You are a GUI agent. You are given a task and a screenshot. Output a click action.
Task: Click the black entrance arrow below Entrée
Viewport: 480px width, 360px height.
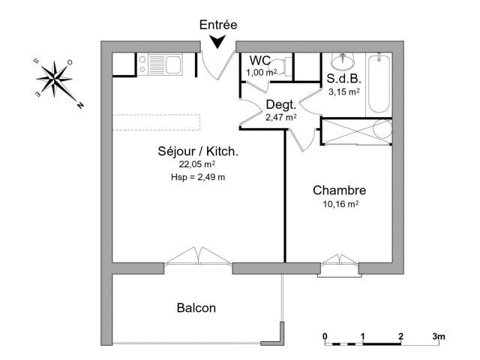pos(217,41)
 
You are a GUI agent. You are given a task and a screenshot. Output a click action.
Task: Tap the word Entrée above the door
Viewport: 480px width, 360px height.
pos(218,25)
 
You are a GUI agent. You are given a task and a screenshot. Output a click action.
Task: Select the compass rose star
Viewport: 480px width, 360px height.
pos(55,79)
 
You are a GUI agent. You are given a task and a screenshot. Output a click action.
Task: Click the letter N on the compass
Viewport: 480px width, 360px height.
pos(80,105)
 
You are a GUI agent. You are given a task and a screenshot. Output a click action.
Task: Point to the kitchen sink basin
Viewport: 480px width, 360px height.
pos(173,64)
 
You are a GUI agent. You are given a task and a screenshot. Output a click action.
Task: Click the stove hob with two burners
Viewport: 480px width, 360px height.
pos(142,64)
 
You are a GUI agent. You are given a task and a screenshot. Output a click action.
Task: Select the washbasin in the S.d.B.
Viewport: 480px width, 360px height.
pos(343,61)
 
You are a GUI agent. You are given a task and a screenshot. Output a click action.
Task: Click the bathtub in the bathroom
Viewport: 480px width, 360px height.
pos(379,83)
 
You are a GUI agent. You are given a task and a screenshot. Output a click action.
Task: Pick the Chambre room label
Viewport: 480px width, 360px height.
pos(339,190)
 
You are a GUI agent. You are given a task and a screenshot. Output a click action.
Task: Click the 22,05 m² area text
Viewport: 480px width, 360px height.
pos(197,164)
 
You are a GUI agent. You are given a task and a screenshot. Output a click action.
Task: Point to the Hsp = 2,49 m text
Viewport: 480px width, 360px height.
pos(198,177)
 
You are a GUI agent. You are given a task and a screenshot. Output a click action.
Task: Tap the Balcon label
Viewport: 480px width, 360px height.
pos(196,307)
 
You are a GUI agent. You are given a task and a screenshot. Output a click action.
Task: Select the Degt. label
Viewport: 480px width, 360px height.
pos(281,105)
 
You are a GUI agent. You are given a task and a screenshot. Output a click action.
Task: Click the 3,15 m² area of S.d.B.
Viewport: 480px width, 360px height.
pos(343,91)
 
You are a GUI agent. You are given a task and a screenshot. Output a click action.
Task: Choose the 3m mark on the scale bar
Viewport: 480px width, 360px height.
pos(439,336)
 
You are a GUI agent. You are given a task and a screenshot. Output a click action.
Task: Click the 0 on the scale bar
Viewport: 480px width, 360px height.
pos(325,336)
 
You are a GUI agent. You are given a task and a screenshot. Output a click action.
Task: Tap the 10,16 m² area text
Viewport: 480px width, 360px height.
pos(340,204)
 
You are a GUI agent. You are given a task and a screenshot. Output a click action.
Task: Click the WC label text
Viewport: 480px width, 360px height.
pos(260,61)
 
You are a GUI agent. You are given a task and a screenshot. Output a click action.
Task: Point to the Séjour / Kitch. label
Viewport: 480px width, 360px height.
pos(198,151)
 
